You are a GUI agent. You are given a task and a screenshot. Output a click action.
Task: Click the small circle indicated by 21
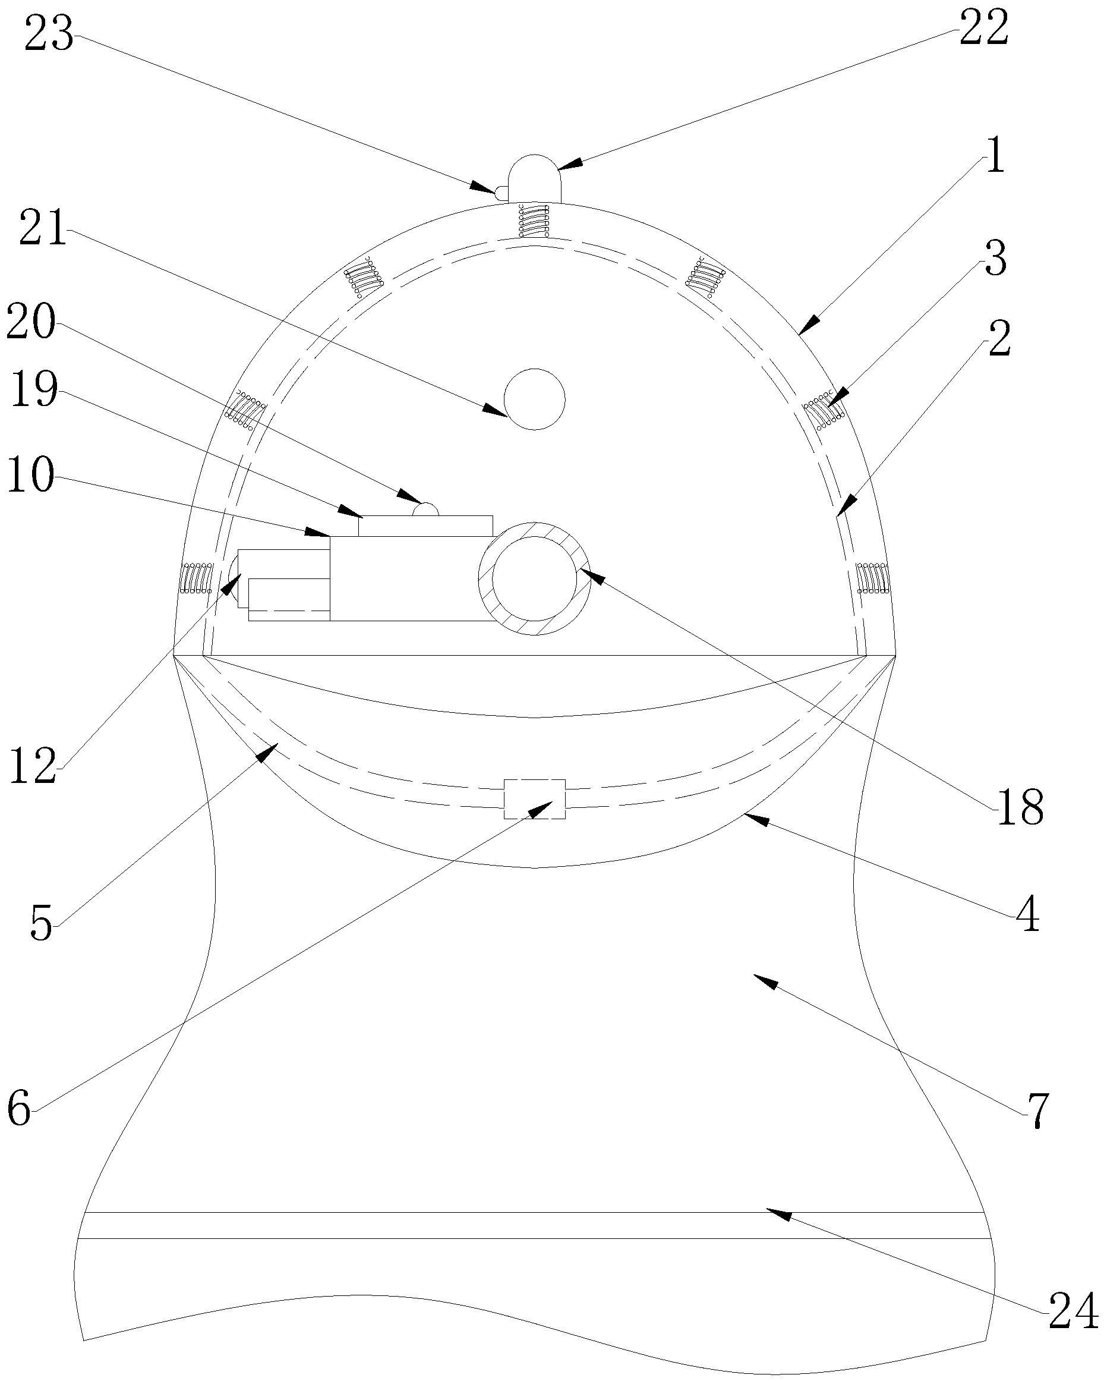pyautogui.click(x=534, y=399)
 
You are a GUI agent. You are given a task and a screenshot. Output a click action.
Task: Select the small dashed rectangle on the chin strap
pyautogui.click(x=534, y=799)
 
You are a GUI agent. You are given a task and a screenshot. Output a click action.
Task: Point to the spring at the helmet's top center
pyautogui.click(x=534, y=221)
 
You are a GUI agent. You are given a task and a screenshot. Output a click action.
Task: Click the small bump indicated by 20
pyautogui.click(x=426, y=510)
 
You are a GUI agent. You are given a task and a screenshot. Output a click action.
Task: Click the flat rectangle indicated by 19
pyautogui.click(x=425, y=526)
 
